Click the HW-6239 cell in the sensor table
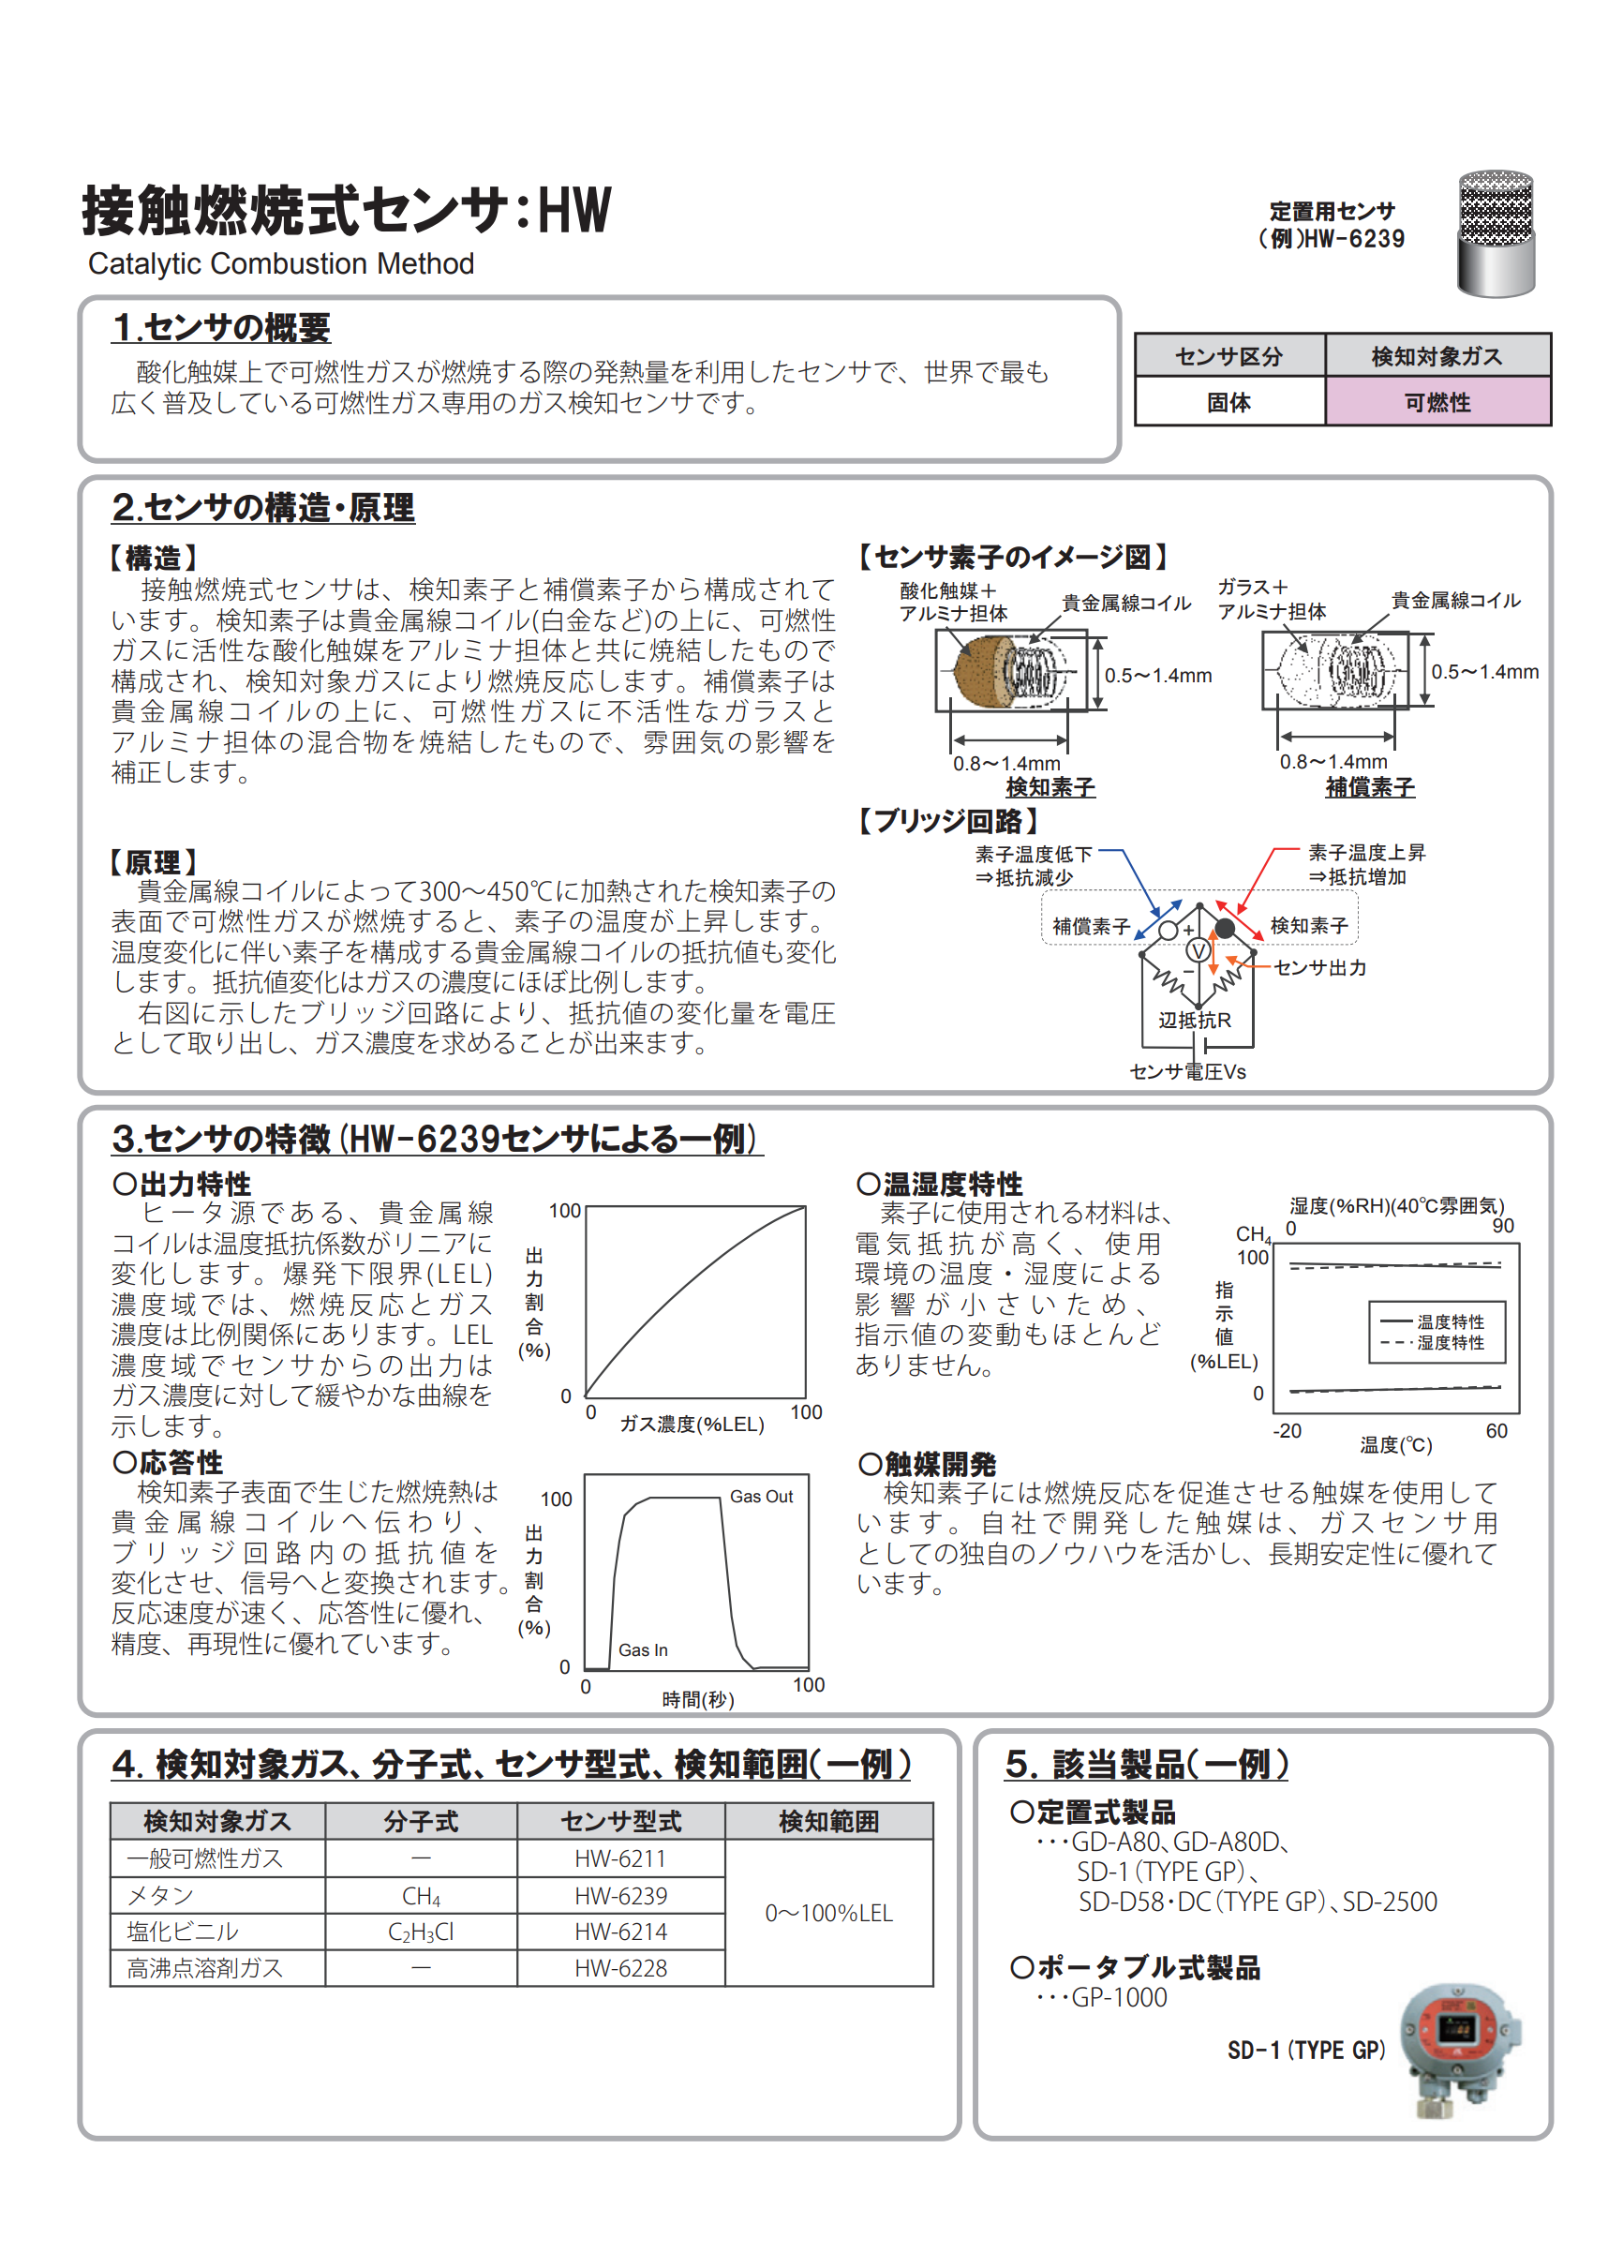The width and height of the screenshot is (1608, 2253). tap(621, 1896)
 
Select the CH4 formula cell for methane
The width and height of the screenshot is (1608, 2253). tap(421, 1896)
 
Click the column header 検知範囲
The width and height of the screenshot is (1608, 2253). tap(828, 1821)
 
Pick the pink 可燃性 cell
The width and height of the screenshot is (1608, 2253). tap(1437, 402)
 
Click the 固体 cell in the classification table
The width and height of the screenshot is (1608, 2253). tap(1228, 402)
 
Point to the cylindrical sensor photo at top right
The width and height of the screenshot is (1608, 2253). tap(1496, 234)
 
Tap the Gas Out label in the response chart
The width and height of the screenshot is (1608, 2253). tap(762, 1497)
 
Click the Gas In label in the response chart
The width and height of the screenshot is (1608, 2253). tap(643, 1649)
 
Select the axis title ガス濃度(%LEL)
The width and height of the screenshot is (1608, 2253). tap(692, 1425)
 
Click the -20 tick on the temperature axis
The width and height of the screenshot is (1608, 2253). tap(1287, 1431)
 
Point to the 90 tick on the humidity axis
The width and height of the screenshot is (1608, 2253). tap(1502, 1226)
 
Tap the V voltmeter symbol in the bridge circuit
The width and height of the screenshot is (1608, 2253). tap(1199, 951)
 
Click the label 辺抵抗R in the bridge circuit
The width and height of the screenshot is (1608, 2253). tap(1195, 1020)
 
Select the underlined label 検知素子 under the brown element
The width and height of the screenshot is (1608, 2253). tap(1050, 787)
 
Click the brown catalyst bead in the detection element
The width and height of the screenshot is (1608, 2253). tap(978, 670)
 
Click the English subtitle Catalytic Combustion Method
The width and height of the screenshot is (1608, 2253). tap(281, 263)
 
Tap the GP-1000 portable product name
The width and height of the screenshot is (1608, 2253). tap(1119, 1997)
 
